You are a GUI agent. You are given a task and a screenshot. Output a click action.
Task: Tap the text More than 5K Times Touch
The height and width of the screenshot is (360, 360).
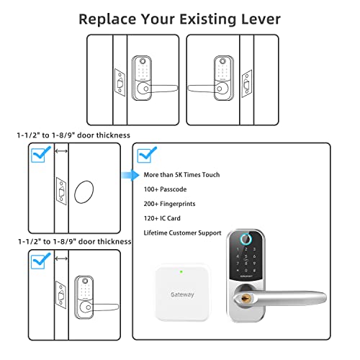tap(181, 174)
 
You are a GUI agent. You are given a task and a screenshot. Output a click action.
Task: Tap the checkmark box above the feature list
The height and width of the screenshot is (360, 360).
tap(146, 154)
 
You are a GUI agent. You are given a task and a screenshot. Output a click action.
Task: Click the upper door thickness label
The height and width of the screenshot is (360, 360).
tap(74, 135)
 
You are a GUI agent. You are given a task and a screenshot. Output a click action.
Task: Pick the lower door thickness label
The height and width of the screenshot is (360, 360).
tap(74, 241)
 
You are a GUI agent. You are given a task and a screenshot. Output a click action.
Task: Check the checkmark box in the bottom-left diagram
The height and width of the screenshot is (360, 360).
tap(39, 261)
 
